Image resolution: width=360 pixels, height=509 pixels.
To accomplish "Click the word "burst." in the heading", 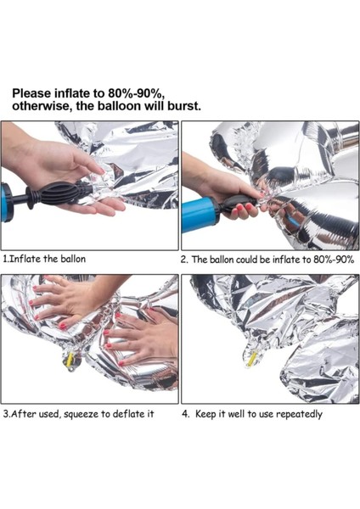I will [x=177, y=106].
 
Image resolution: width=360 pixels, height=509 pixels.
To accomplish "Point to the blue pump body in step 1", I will [x=7, y=204].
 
